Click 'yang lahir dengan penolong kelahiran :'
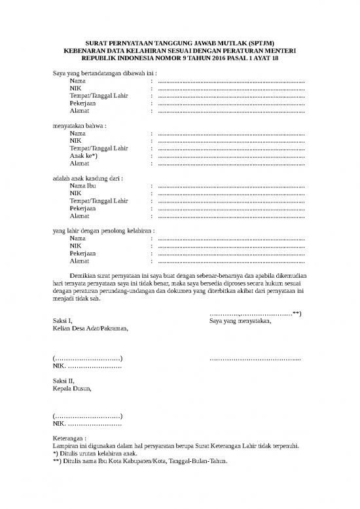pyautogui.click(x=103, y=231)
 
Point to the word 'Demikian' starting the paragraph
pyautogui.click(x=83, y=276)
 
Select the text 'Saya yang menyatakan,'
pyautogui.click(x=240, y=321)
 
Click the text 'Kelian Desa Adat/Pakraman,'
pyautogui.click(x=90, y=328)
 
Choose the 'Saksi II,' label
pyautogui.click(x=63, y=381)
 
